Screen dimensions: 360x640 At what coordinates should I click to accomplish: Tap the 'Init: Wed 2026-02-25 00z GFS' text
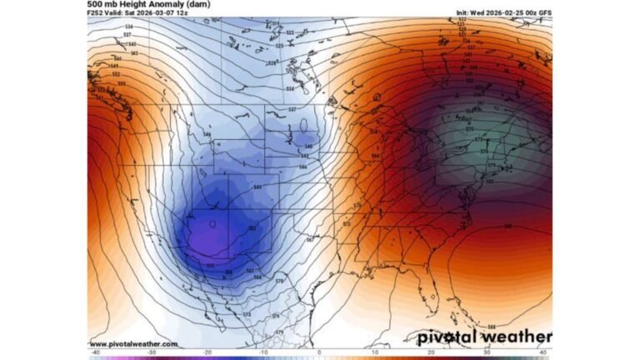503,13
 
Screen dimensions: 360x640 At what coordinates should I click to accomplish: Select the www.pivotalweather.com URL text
133,343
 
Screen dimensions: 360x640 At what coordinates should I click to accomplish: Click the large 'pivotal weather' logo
478,337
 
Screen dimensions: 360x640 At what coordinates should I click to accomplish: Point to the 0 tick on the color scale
319,352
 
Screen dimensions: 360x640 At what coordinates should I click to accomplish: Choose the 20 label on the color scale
432,352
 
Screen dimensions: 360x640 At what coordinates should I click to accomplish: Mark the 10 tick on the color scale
376,352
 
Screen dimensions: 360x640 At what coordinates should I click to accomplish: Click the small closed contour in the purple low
213,223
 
